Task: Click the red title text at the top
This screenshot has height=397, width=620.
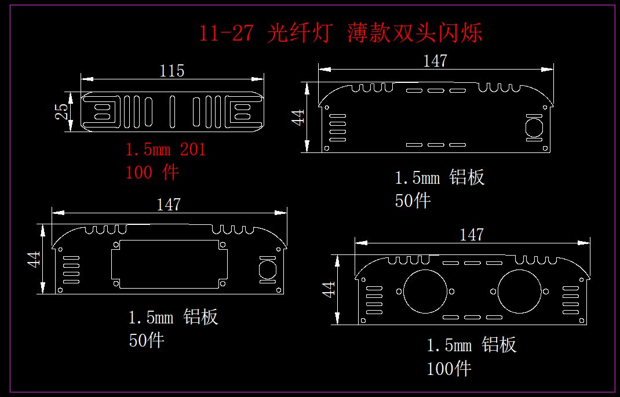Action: tap(341, 33)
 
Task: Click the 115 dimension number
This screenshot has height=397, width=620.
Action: tap(172, 71)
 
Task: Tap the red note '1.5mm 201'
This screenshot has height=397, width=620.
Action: tap(166, 150)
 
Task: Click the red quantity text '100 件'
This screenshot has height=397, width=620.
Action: tap(152, 172)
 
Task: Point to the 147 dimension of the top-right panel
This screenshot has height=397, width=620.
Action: tap(435, 61)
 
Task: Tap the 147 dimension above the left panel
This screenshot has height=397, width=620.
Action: tap(169, 205)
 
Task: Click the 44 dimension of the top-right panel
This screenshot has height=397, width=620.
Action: tap(297, 117)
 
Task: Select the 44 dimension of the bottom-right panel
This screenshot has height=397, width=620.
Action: tap(329, 289)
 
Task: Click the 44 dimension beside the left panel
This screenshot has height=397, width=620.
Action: tap(35, 259)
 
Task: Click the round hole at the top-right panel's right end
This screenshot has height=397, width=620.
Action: tap(534, 128)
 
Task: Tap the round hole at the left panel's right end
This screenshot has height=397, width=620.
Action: tap(267, 269)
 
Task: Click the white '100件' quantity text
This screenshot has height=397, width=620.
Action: tap(449, 368)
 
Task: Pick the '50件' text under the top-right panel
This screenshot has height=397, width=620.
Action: tap(413, 201)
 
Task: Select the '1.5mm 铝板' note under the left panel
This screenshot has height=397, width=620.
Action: tap(173, 317)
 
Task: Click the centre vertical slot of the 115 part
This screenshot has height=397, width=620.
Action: tap(172, 112)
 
